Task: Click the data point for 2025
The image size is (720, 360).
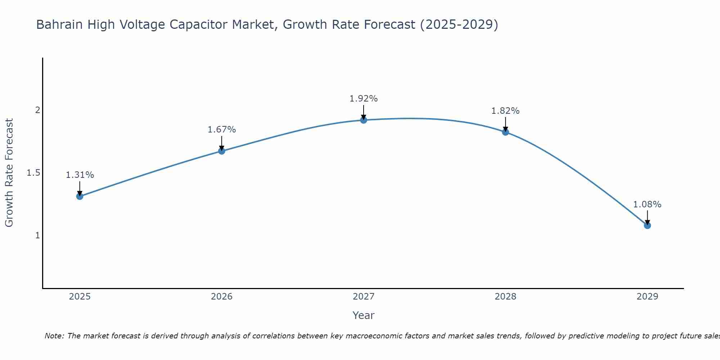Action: [80, 196]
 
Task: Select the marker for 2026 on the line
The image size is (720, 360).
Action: [222, 151]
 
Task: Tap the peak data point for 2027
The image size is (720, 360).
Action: [364, 120]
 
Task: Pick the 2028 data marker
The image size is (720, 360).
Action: [505, 132]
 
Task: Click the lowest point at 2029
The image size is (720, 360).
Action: [647, 225]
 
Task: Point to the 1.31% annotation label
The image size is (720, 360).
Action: [80, 175]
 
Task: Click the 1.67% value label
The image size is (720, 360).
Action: [222, 130]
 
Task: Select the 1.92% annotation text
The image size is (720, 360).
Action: [364, 99]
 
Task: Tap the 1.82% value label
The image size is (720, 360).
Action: [505, 111]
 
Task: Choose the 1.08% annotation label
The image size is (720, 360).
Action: [647, 204]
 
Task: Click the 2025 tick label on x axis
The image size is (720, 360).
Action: [80, 297]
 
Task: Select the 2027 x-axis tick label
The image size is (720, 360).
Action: [364, 297]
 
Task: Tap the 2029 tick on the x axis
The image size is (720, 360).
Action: [647, 297]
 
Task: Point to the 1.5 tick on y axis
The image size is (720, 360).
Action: [33, 173]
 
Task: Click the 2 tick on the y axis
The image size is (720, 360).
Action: [37, 110]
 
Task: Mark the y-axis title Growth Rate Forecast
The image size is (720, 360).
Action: [9, 173]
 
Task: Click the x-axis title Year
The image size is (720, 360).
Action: [364, 315]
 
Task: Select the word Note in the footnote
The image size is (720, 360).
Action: [54, 336]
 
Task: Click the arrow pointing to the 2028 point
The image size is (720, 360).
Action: [505, 124]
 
